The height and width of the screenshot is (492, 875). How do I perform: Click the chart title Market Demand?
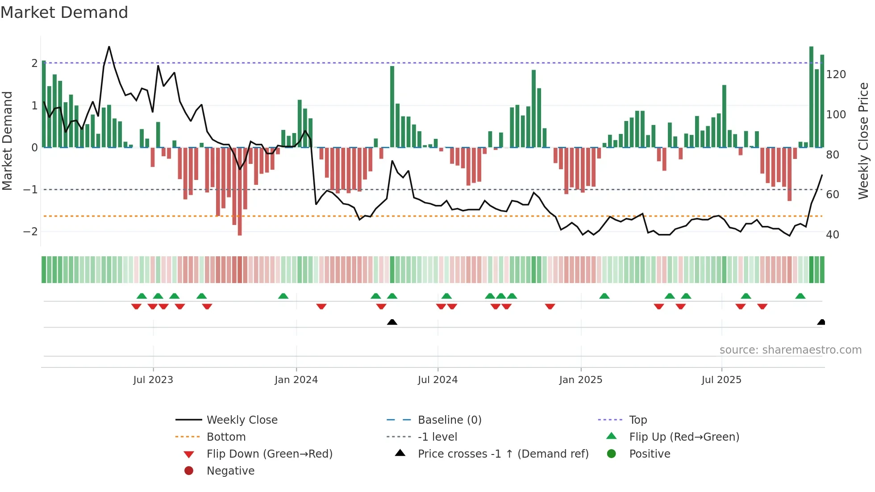coord(64,13)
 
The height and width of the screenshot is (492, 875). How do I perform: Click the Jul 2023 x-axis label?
coord(153,380)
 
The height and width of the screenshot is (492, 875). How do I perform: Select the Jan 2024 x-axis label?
coord(296,380)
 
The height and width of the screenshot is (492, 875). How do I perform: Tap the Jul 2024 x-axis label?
coord(437,380)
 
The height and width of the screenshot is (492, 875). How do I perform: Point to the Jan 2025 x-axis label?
coord(580,380)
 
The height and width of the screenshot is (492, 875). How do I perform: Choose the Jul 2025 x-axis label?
coord(721,380)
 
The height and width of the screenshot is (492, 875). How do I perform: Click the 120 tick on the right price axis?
coord(836,75)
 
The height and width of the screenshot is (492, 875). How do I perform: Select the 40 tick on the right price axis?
coord(832,235)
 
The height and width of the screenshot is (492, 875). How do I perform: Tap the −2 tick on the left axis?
coord(30,232)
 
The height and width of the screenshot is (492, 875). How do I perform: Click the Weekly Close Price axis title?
coord(863,141)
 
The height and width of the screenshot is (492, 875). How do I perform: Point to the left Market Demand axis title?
coord(7,141)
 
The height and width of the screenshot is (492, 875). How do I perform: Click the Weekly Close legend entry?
coord(242,420)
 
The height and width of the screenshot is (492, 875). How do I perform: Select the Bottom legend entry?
coord(226,437)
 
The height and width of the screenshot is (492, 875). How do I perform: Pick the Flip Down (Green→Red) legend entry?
coord(269,454)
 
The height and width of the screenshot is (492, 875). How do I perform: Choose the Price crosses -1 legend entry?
coord(503,454)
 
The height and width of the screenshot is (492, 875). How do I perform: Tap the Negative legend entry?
coord(230,471)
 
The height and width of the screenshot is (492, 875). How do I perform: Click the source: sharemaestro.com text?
coord(790,350)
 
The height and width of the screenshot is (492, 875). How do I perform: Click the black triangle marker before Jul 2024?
coord(392,322)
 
